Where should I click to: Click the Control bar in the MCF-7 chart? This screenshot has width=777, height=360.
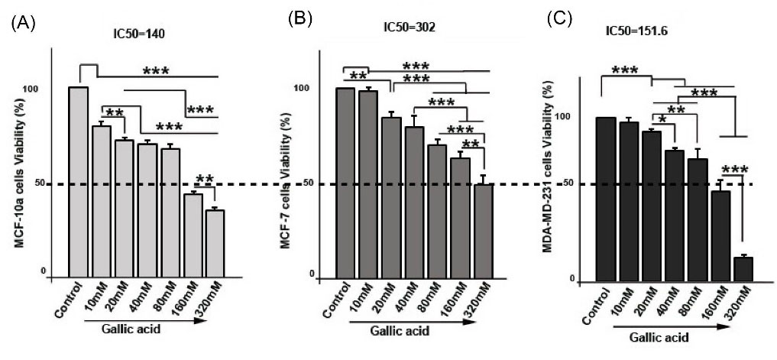345,183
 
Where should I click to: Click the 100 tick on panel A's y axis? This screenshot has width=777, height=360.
50,89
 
